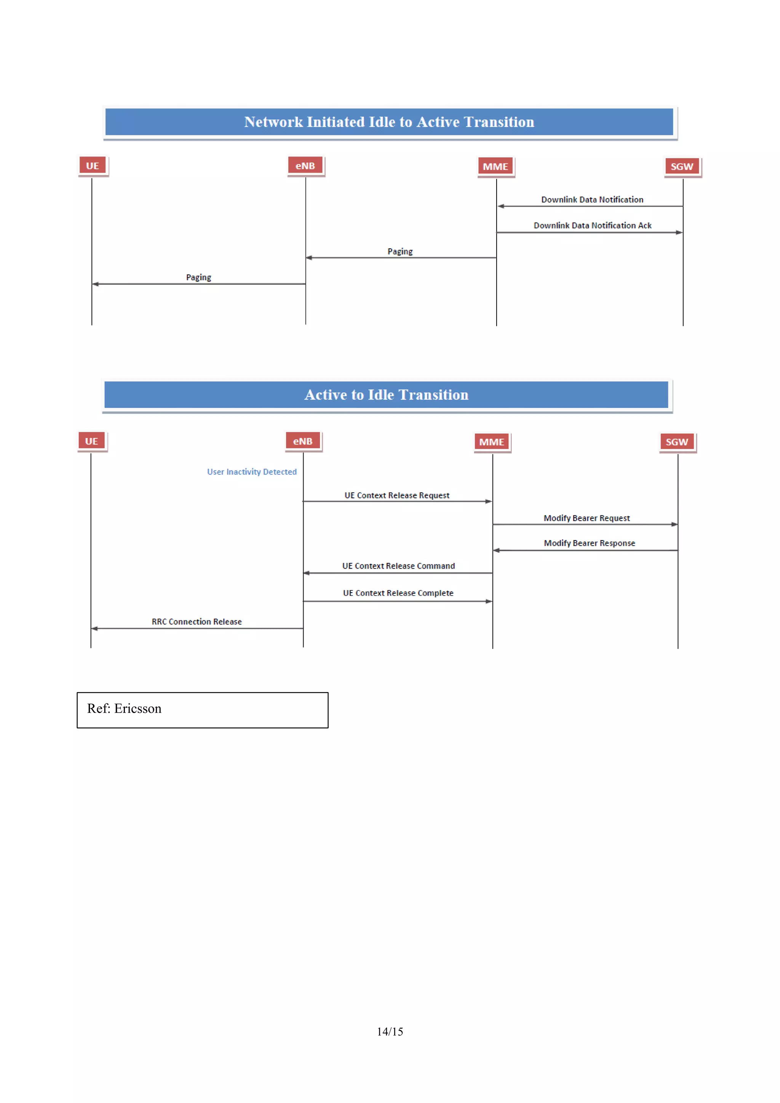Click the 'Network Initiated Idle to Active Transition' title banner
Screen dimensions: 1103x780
click(x=389, y=122)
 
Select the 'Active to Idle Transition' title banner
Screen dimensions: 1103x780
click(x=386, y=395)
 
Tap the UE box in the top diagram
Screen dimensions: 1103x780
click(x=92, y=166)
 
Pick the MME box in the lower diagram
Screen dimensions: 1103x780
click(x=491, y=442)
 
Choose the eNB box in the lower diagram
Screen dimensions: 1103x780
click(x=302, y=441)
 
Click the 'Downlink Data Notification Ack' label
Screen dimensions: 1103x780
click(x=592, y=226)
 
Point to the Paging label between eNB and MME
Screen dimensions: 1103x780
click(x=400, y=252)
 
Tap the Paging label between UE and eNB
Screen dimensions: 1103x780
click(x=198, y=278)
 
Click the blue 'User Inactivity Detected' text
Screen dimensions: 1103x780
click(x=252, y=472)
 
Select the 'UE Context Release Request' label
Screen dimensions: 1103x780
click(x=397, y=495)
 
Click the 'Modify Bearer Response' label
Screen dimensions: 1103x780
click(x=589, y=543)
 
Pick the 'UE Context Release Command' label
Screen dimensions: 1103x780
click(x=398, y=566)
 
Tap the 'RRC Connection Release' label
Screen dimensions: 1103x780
click(x=197, y=622)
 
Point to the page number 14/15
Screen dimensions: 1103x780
click(x=390, y=1031)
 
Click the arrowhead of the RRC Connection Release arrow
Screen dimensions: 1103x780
click(x=94, y=628)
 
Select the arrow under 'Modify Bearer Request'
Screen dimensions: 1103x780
click(x=585, y=524)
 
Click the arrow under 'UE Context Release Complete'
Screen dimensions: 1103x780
click(x=398, y=601)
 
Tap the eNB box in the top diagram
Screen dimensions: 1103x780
click(x=305, y=166)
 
